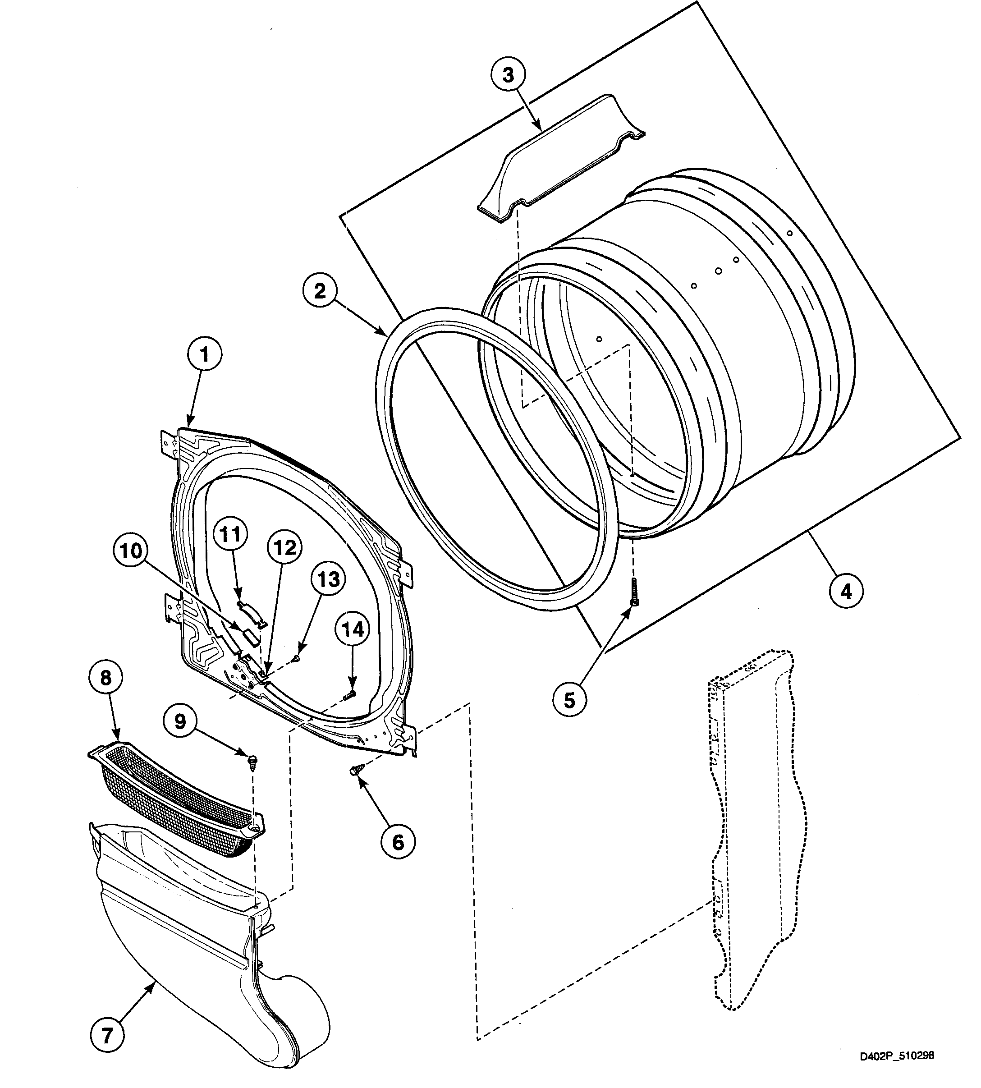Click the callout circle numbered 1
click(x=204, y=354)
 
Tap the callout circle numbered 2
click(x=320, y=292)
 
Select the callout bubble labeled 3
click(x=508, y=75)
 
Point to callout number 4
click(x=847, y=592)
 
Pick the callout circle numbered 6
click(x=398, y=842)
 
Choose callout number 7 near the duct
click(x=107, y=1036)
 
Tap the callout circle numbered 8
click(x=105, y=678)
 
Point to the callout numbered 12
click(x=285, y=548)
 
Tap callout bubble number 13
click(x=328, y=579)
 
